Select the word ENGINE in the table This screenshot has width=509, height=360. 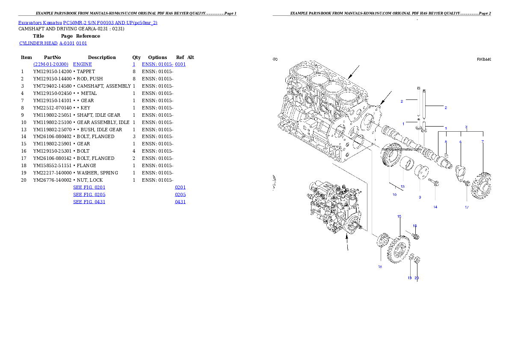tap(83, 65)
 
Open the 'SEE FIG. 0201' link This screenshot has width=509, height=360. tap(89, 187)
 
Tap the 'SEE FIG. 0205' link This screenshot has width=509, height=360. tap(89, 195)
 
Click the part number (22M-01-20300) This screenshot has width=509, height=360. tap(51, 65)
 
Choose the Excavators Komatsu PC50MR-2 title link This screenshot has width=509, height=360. tap(88, 23)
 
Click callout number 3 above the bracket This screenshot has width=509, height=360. tap(466, 127)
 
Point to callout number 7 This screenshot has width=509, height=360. tap(482, 142)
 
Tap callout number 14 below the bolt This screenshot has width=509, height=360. tap(435, 207)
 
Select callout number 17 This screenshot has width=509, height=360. tap(467, 207)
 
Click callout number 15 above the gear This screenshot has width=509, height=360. tap(399, 217)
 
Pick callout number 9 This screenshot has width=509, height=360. tap(420, 197)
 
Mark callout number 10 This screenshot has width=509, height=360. tap(394, 195)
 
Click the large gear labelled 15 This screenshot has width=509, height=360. tap(400, 249)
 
